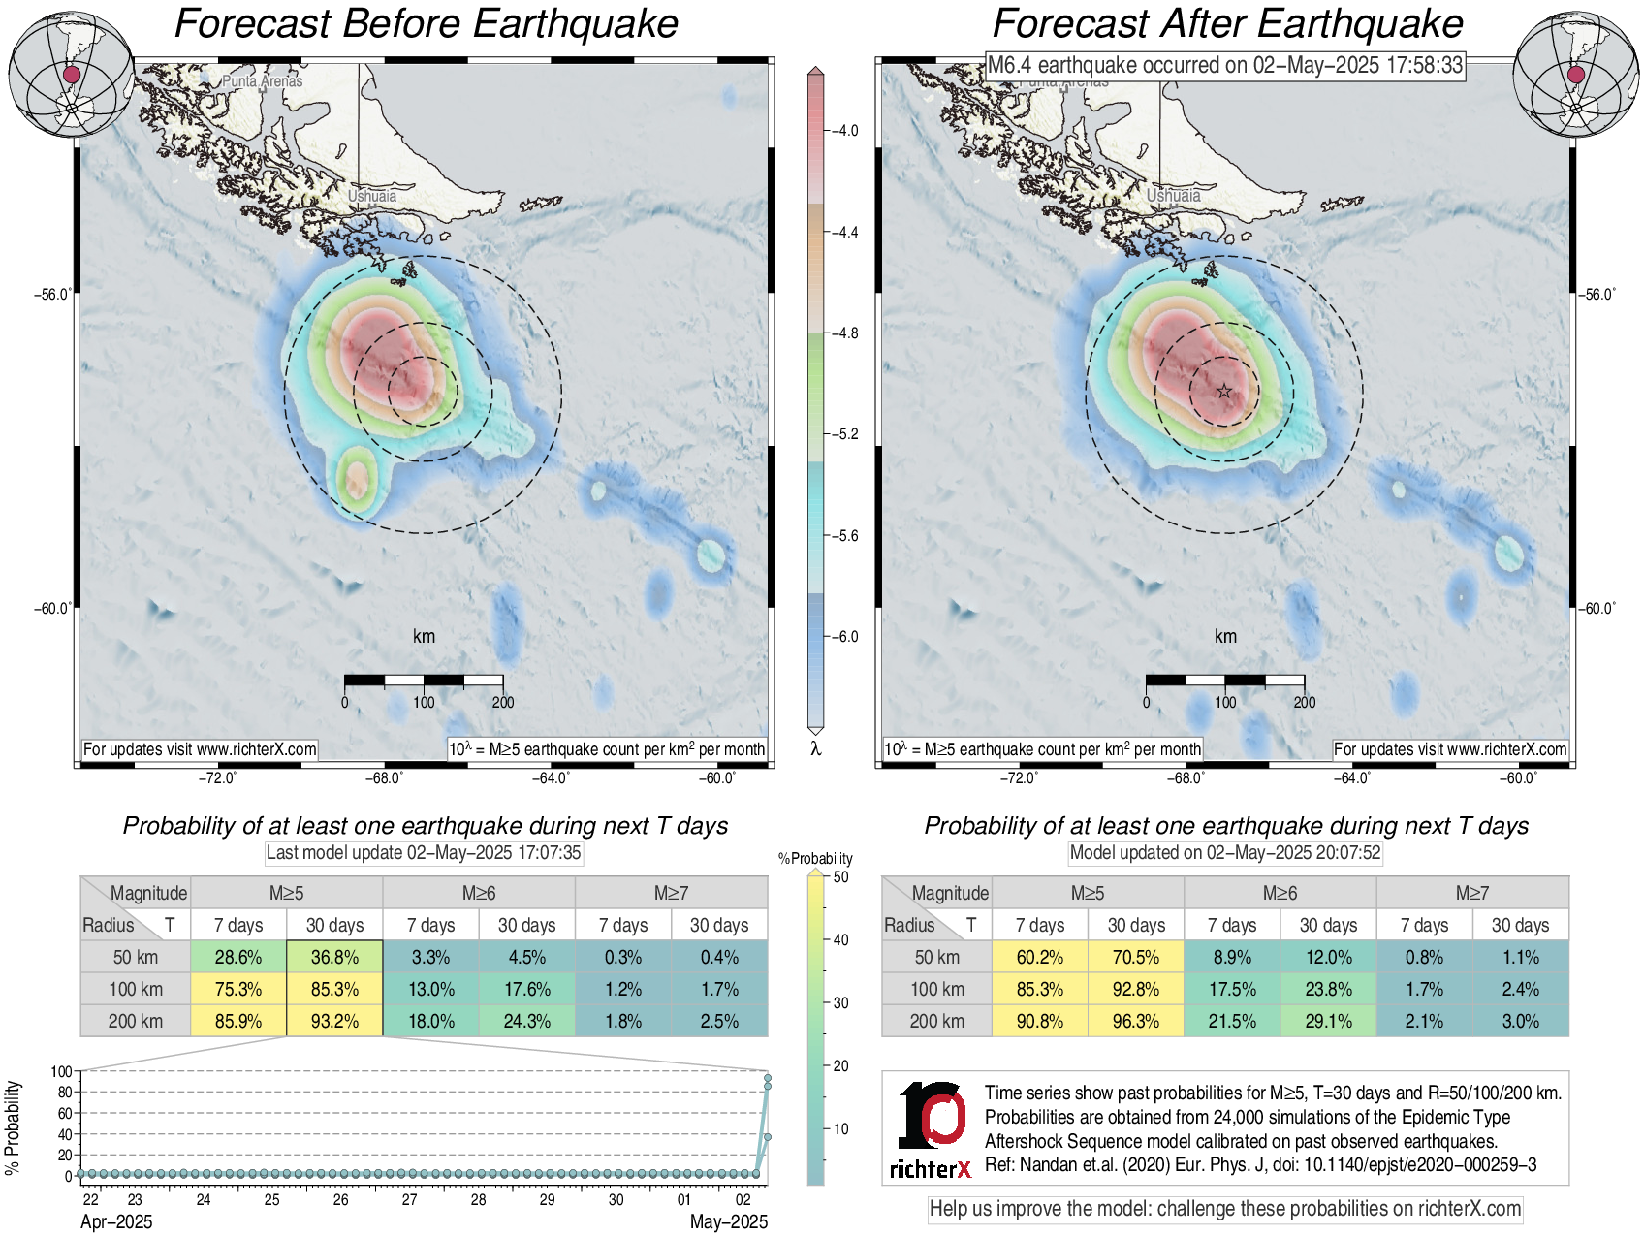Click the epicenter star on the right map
point(1224,391)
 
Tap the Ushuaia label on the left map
point(372,196)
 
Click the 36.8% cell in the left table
point(334,957)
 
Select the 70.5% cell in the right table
point(1136,957)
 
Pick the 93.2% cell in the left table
point(334,1021)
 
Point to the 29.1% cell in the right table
point(1328,1021)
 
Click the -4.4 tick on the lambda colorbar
point(846,233)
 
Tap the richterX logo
point(932,1130)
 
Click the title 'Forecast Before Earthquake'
point(426,24)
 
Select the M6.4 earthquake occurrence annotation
point(1224,65)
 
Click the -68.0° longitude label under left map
point(384,777)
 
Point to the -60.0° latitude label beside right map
point(1597,609)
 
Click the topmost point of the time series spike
point(768,1077)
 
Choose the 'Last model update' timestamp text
point(424,853)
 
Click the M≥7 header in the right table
point(1471,893)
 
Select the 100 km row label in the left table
point(136,989)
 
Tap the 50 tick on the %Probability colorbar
point(840,877)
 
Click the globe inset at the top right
point(1576,75)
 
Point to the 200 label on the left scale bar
point(503,702)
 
